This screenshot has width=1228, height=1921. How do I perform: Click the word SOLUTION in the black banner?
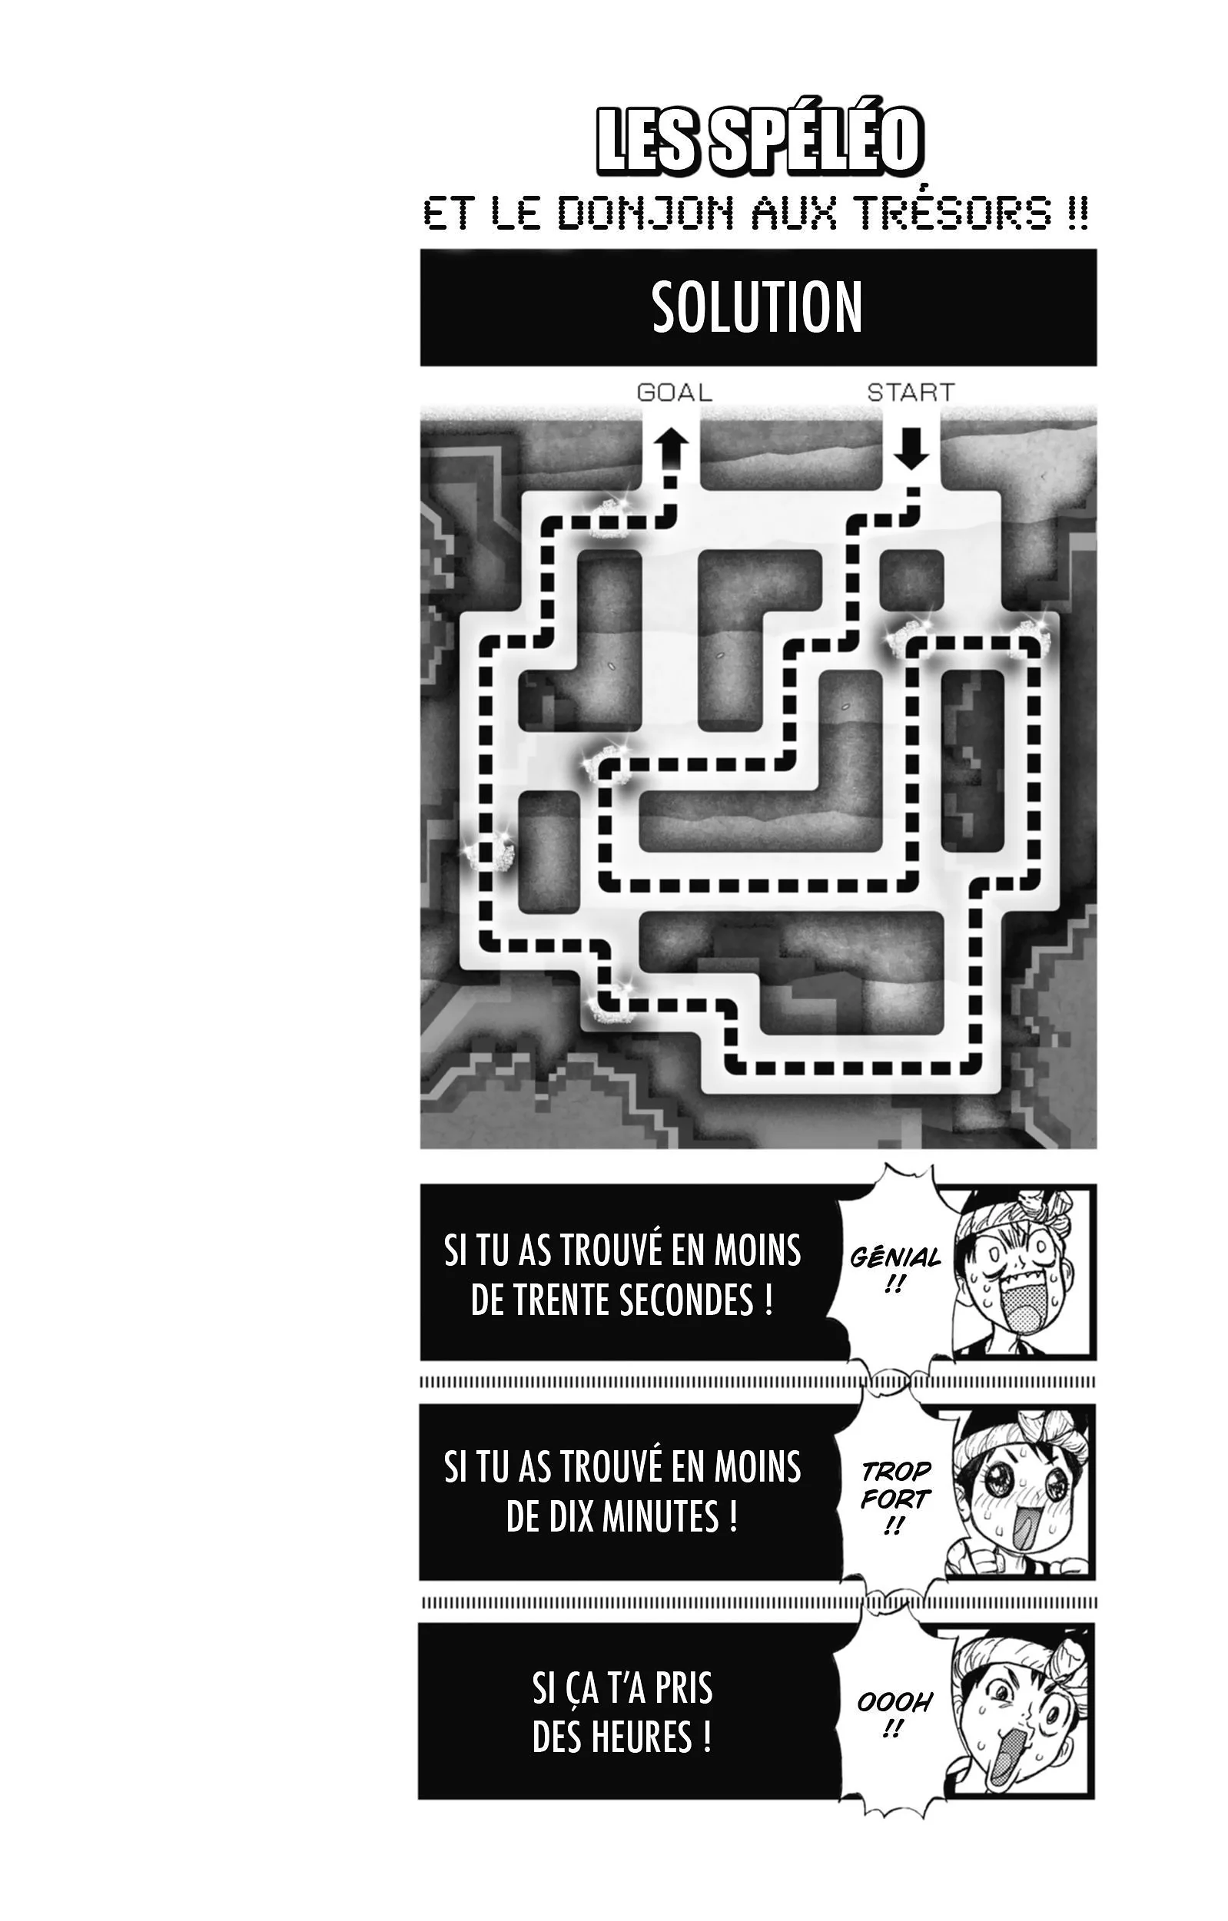pyautogui.click(x=757, y=307)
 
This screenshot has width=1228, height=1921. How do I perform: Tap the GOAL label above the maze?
pyautogui.click(x=674, y=392)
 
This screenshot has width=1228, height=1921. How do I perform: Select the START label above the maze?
pyautogui.click(x=911, y=392)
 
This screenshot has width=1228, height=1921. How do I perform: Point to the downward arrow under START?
pyautogui.click(x=911, y=449)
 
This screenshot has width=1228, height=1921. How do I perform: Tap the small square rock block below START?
pyautogui.click(x=911, y=581)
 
